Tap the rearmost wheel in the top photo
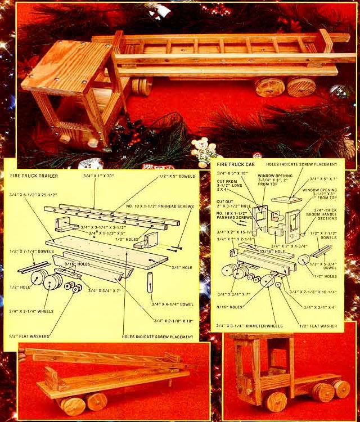[302, 86]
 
